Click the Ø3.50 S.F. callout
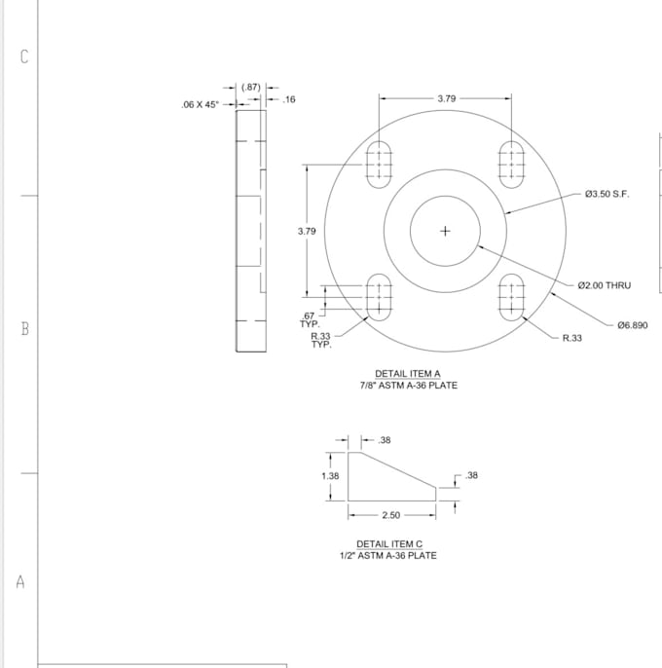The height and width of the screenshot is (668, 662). [x=607, y=194]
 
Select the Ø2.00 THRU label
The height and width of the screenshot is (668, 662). [x=604, y=285]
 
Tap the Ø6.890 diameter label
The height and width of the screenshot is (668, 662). [x=632, y=325]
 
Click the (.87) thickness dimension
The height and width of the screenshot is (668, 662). [x=250, y=88]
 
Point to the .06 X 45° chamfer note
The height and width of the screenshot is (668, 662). [x=200, y=104]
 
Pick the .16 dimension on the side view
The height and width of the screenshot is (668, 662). [x=288, y=99]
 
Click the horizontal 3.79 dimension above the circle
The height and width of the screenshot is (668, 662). [x=447, y=98]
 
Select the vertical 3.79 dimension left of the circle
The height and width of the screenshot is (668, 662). [x=307, y=231]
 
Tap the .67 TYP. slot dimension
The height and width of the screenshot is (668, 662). [x=310, y=320]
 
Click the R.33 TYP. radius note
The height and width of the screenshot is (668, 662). [x=321, y=341]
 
